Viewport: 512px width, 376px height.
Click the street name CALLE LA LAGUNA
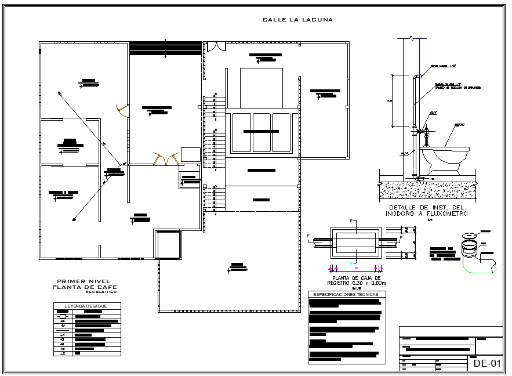(x=297, y=20)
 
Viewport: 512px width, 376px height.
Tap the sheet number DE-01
(x=486, y=363)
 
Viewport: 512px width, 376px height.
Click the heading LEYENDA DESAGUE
(x=86, y=305)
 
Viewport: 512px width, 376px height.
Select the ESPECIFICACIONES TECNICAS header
(x=345, y=295)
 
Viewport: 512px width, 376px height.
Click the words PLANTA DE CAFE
(x=84, y=287)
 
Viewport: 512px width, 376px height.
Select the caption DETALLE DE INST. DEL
(x=426, y=207)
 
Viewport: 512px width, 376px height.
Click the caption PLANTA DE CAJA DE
(x=356, y=277)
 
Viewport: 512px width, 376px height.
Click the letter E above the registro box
(x=352, y=221)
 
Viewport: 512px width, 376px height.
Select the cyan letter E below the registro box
(x=352, y=264)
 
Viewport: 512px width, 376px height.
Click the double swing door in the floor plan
(x=165, y=158)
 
